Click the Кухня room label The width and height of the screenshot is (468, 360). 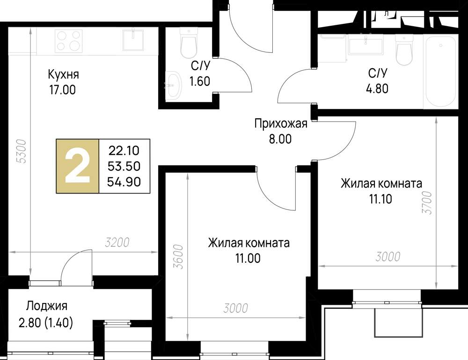click(63, 74)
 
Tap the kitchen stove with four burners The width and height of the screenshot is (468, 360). click(69, 41)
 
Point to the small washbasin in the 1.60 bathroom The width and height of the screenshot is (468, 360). click(174, 85)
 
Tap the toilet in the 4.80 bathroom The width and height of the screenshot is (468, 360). click(404, 50)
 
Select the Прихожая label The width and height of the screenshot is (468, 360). click(281, 123)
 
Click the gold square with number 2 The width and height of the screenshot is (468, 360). click(78, 166)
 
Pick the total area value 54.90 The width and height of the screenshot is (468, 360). click(124, 182)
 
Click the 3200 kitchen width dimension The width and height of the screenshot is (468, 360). click(117, 243)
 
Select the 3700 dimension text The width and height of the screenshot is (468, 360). click(427, 202)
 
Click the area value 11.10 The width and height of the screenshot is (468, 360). click(381, 199)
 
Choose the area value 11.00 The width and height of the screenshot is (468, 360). click(248, 258)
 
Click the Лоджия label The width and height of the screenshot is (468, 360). click(46, 306)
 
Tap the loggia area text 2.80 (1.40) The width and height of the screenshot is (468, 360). click(46, 323)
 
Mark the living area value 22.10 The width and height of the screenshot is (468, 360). click(124, 151)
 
